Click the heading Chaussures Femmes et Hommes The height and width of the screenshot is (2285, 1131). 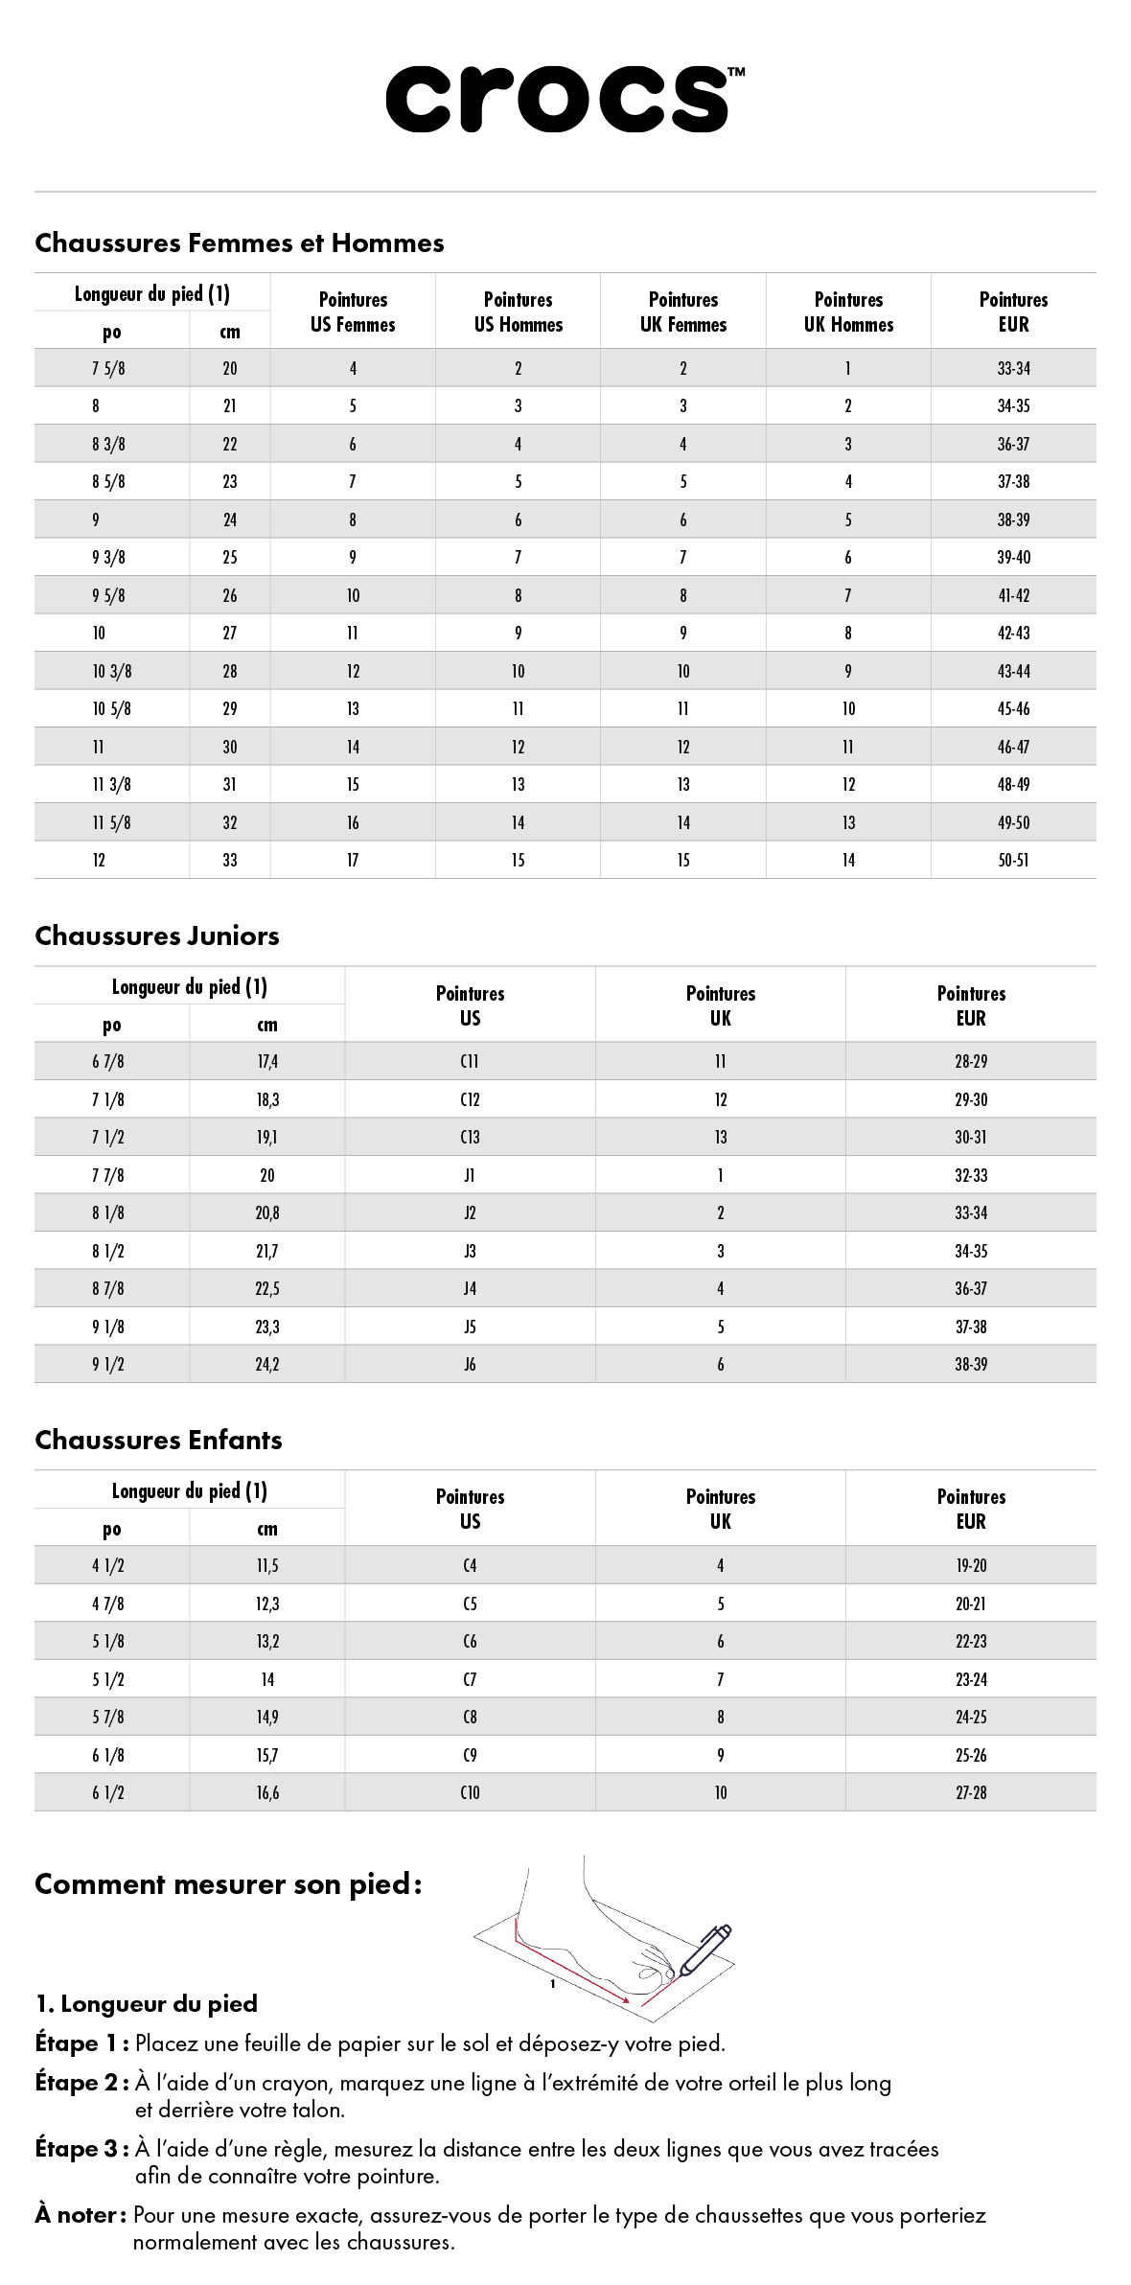[x=240, y=243]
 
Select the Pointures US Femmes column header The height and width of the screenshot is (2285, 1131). [x=353, y=312]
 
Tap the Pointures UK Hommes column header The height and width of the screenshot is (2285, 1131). [x=848, y=312]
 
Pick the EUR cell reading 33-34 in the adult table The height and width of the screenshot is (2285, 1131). [x=1013, y=369]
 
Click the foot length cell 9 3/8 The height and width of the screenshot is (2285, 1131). [x=108, y=558]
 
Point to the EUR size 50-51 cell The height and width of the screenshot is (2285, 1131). [x=1013, y=861]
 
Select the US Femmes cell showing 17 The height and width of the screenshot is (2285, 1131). [x=353, y=861]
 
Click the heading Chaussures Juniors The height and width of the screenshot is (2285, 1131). [x=157, y=936]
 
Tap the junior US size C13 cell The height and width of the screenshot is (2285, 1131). [x=470, y=1138]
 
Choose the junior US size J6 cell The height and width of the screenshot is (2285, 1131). [x=470, y=1365]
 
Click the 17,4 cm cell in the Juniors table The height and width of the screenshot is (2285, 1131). [x=267, y=1062]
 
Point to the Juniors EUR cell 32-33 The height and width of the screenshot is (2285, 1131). [x=971, y=1176]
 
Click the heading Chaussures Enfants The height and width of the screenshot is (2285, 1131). [x=158, y=1441]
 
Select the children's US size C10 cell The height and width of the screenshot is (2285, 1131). [x=470, y=1793]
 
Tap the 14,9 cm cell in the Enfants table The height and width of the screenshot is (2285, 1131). [x=267, y=1718]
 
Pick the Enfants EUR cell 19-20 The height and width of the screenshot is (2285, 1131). [x=971, y=1566]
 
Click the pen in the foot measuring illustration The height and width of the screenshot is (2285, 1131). [x=705, y=1950]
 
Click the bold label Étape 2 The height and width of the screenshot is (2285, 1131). [x=81, y=2084]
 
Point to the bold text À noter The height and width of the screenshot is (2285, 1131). [x=81, y=2216]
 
